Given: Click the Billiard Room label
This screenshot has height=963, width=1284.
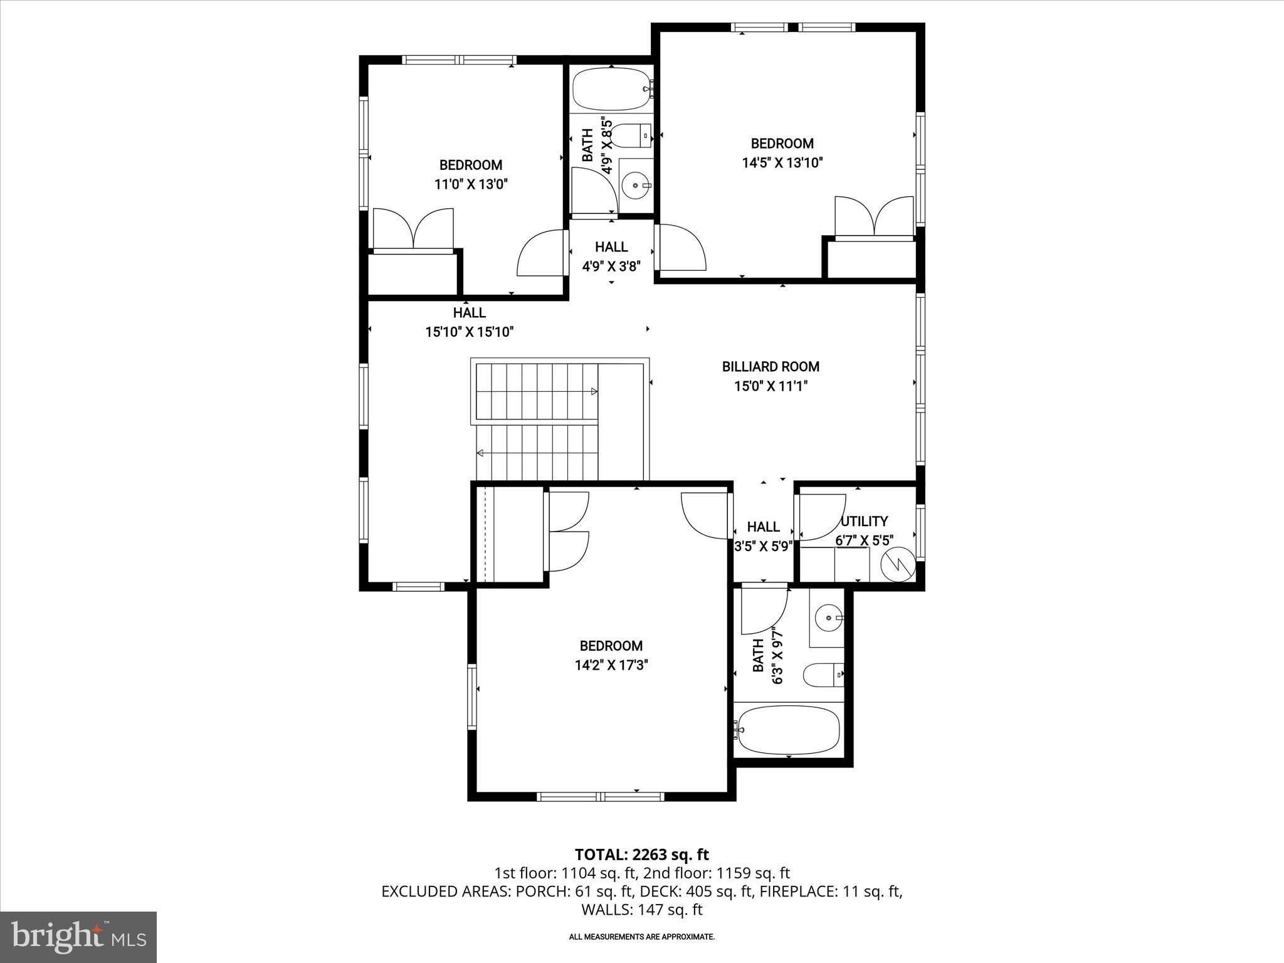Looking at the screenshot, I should pyautogui.click(x=771, y=367).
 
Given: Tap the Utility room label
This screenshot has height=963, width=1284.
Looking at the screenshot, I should pyautogui.click(x=864, y=522).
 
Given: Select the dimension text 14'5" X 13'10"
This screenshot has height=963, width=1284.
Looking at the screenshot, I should pyautogui.click(x=782, y=163).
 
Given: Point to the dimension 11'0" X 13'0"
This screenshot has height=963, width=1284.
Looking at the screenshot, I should pyautogui.click(x=470, y=184).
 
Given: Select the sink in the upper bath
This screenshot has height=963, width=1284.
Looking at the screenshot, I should pyautogui.click(x=636, y=186).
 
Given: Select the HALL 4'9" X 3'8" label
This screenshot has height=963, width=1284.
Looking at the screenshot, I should pyautogui.click(x=611, y=256).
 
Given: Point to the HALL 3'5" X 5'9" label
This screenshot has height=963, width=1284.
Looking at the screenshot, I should pyautogui.click(x=763, y=536).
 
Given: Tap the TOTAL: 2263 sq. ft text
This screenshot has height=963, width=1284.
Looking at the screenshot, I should pyautogui.click(x=641, y=854).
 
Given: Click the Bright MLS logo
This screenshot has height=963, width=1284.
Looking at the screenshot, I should pyautogui.click(x=78, y=937).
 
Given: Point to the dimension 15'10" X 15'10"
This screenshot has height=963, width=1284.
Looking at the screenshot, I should pyautogui.click(x=470, y=332).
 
